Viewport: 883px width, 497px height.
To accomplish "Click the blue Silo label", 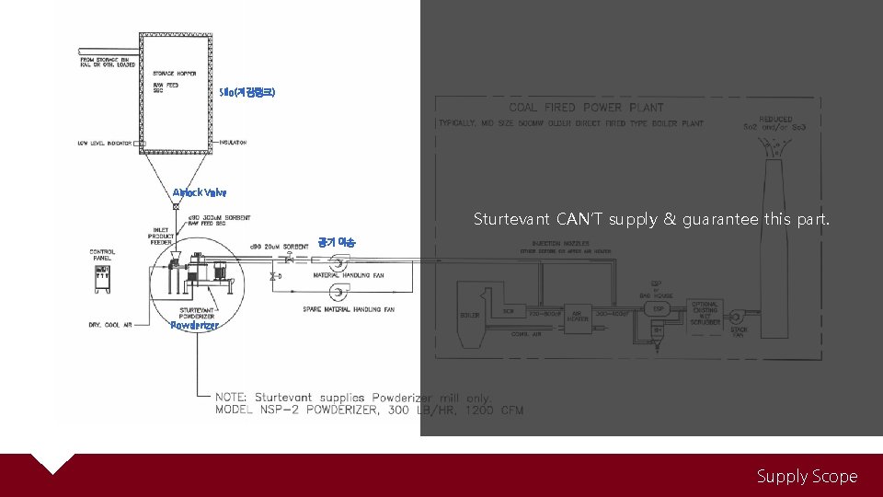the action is pos(247,92).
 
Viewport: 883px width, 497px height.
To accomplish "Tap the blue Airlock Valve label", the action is pos(199,192).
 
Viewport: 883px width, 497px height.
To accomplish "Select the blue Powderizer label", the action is pos(195,325).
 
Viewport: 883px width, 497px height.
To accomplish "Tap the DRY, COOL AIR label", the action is pos(114,324).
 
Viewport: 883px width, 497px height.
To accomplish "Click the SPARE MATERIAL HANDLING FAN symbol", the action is pos(336,295).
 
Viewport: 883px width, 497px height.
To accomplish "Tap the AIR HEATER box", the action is pos(578,316).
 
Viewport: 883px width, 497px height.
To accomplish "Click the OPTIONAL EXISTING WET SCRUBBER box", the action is pos(705,313).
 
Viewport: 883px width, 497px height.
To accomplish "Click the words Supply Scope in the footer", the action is pos(807,476).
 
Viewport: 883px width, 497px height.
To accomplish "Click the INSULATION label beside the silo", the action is pos(232,143).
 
